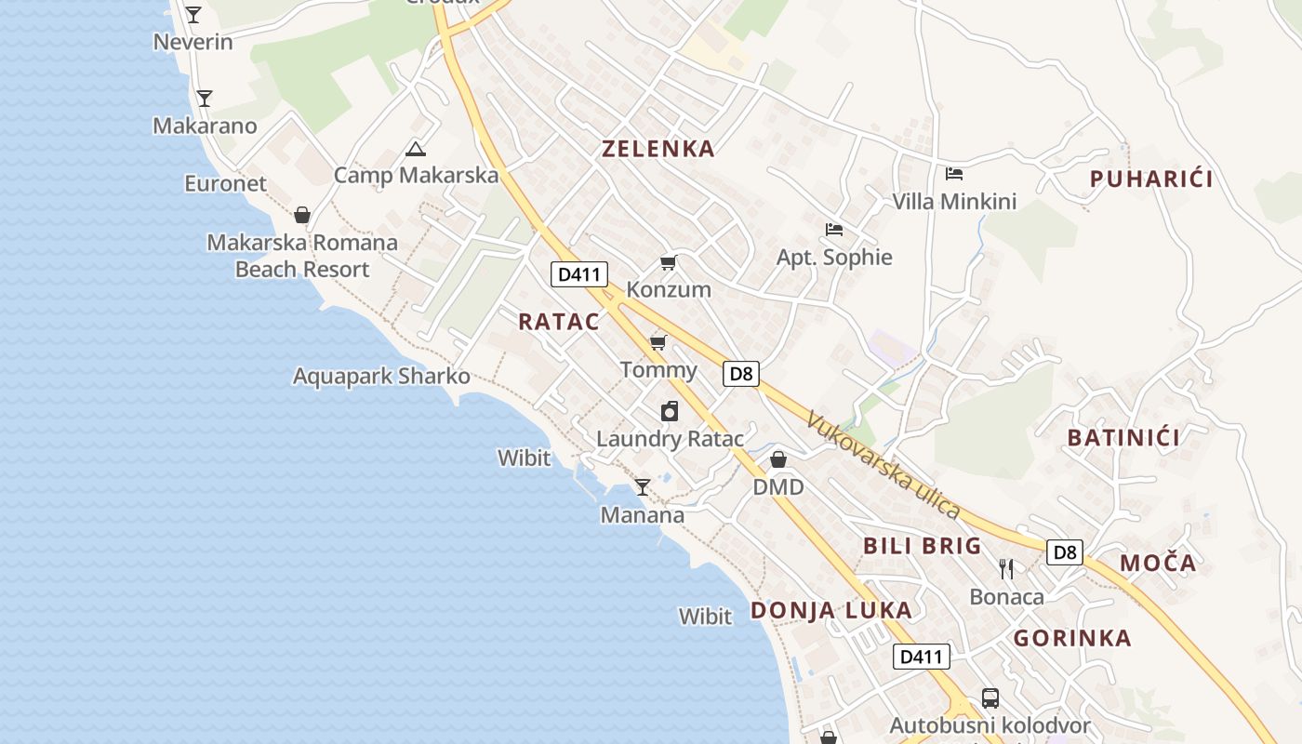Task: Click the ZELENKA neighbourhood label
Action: tap(658, 149)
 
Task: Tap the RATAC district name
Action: tap(559, 322)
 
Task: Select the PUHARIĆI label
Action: tap(1151, 179)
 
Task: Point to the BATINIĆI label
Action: tap(1123, 438)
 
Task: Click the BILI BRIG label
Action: tap(923, 546)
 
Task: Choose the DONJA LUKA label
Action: tap(831, 610)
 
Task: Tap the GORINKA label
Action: tap(1072, 638)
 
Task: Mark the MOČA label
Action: tap(1158, 563)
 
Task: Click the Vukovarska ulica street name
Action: tap(883, 465)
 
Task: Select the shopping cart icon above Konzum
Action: tap(668, 262)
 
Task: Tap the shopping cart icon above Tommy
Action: tap(658, 342)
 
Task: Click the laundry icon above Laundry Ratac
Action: tap(670, 411)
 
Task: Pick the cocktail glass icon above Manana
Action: tap(643, 486)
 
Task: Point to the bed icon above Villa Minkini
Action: tap(954, 173)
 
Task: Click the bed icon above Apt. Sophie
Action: tap(834, 229)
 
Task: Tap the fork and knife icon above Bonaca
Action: tap(1006, 568)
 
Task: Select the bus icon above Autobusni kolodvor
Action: tap(990, 697)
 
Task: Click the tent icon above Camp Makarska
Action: tap(416, 148)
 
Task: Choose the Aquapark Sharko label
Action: tap(381, 377)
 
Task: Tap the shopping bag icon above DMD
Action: tap(778, 459)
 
